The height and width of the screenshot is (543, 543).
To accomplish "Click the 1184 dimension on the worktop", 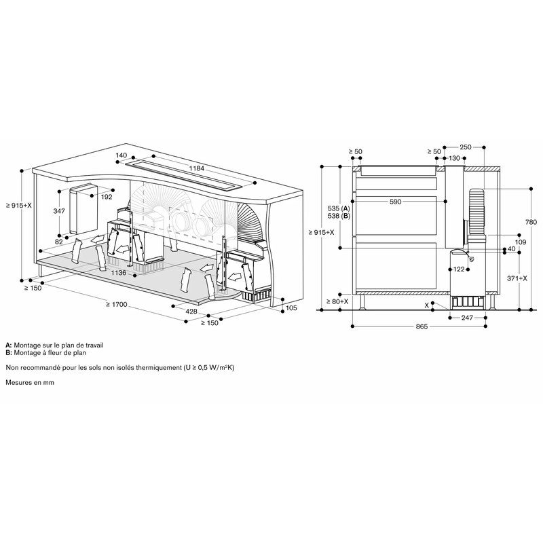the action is click(x=196, y=168).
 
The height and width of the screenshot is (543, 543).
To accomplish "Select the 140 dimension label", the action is click(x=121, y=155).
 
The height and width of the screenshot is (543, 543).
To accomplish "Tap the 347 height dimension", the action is click(x=59, y=210).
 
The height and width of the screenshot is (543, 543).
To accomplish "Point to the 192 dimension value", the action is click(x=107, y=197).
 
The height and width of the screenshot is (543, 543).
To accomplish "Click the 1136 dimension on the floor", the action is click(x=118, y=273).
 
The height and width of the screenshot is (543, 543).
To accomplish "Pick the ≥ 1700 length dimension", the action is click(x=117, y=304).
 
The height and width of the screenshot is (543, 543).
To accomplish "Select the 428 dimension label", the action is click(x=191, y=312).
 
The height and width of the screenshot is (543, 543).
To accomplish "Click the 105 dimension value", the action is click(x=292, y=307).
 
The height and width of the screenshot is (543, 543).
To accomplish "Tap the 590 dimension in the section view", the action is click(x=395, y=202).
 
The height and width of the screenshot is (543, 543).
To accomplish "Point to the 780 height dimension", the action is click(x=531, y=222).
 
